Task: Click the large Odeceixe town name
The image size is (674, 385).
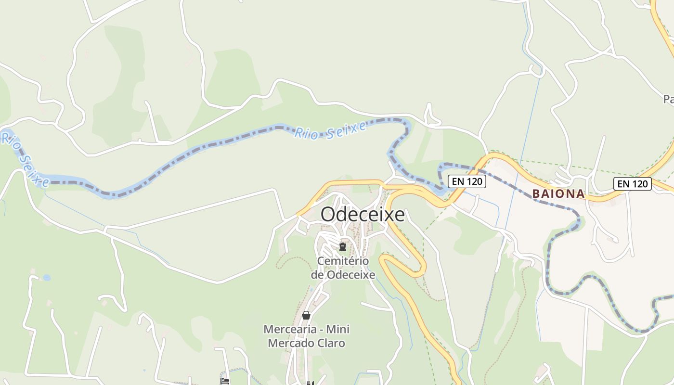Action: (x=363, y=215)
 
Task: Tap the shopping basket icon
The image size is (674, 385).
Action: (x=306, y=315)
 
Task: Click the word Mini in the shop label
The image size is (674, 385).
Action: (x=338, y=330)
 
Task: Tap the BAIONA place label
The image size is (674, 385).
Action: (x=558, y=194)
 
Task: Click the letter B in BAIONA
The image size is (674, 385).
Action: (x=536, y=194)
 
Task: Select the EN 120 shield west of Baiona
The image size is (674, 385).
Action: (x=467, y=181)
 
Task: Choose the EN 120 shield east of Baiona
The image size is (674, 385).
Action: (x=632, y=183)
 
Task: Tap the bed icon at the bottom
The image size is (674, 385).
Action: (x=225, y=381)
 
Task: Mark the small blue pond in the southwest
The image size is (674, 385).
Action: (x=47, y=278)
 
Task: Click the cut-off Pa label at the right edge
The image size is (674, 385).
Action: (x=668, y=100)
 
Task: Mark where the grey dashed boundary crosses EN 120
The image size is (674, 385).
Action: (x=478, y=169)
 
